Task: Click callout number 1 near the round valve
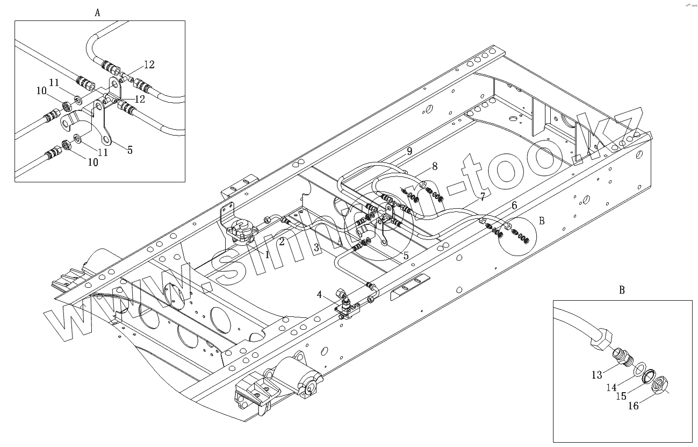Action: (267, 254)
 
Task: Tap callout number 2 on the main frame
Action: (282, 242)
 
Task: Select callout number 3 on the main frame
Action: (317, 248)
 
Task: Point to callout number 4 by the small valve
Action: (319, 295)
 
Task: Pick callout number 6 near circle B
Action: (514, 205)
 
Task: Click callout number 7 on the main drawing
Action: (483, 197)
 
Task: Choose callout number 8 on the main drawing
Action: (435, 166)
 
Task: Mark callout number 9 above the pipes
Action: (409, 151)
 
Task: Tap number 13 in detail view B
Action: (597, 375)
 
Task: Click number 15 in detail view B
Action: (621, 396)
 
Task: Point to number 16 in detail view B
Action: (634, 406)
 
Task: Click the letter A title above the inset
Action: (97, 13)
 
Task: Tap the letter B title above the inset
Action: (622, 290)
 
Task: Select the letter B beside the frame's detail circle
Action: (542, 221)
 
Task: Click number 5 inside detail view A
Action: (130, 150)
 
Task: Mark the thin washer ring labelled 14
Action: (638, 370)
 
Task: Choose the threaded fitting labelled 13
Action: (622, 356)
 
